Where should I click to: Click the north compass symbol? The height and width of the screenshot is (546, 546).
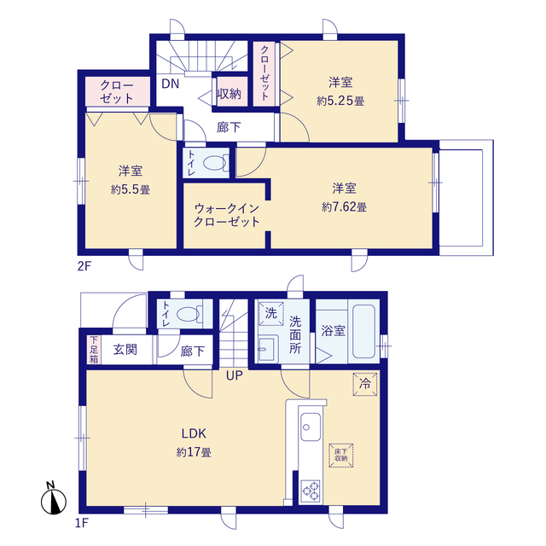click(54, 498)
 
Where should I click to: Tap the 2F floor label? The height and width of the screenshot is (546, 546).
click(84, 266)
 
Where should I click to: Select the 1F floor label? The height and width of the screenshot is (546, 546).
click(82, 523)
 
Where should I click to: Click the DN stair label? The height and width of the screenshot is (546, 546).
click(171, 84)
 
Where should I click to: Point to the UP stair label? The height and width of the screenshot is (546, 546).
click(235, 375)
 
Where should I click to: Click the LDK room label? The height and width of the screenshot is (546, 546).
click(194, 433)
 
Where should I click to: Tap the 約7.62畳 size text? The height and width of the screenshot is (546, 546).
click(344, 207)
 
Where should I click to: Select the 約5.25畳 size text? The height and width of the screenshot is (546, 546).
click(340, 102)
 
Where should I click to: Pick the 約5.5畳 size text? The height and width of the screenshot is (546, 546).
click(131, 189)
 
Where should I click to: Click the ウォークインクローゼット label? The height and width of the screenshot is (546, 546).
click(227, 215)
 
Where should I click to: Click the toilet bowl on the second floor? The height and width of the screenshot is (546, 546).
click(216, 163)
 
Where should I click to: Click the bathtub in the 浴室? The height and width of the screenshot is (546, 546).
click(364, 332)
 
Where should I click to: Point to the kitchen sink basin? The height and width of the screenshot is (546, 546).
click(311, 427)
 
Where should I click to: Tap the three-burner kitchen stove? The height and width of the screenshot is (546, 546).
click(311, 491)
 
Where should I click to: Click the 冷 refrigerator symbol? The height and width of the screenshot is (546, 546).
click(365, 384)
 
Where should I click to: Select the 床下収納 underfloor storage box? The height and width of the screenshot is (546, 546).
click(341, 455)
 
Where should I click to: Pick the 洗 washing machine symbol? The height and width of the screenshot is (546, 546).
click(271, 313)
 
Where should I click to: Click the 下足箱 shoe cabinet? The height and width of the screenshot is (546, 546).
click(94, 350)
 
